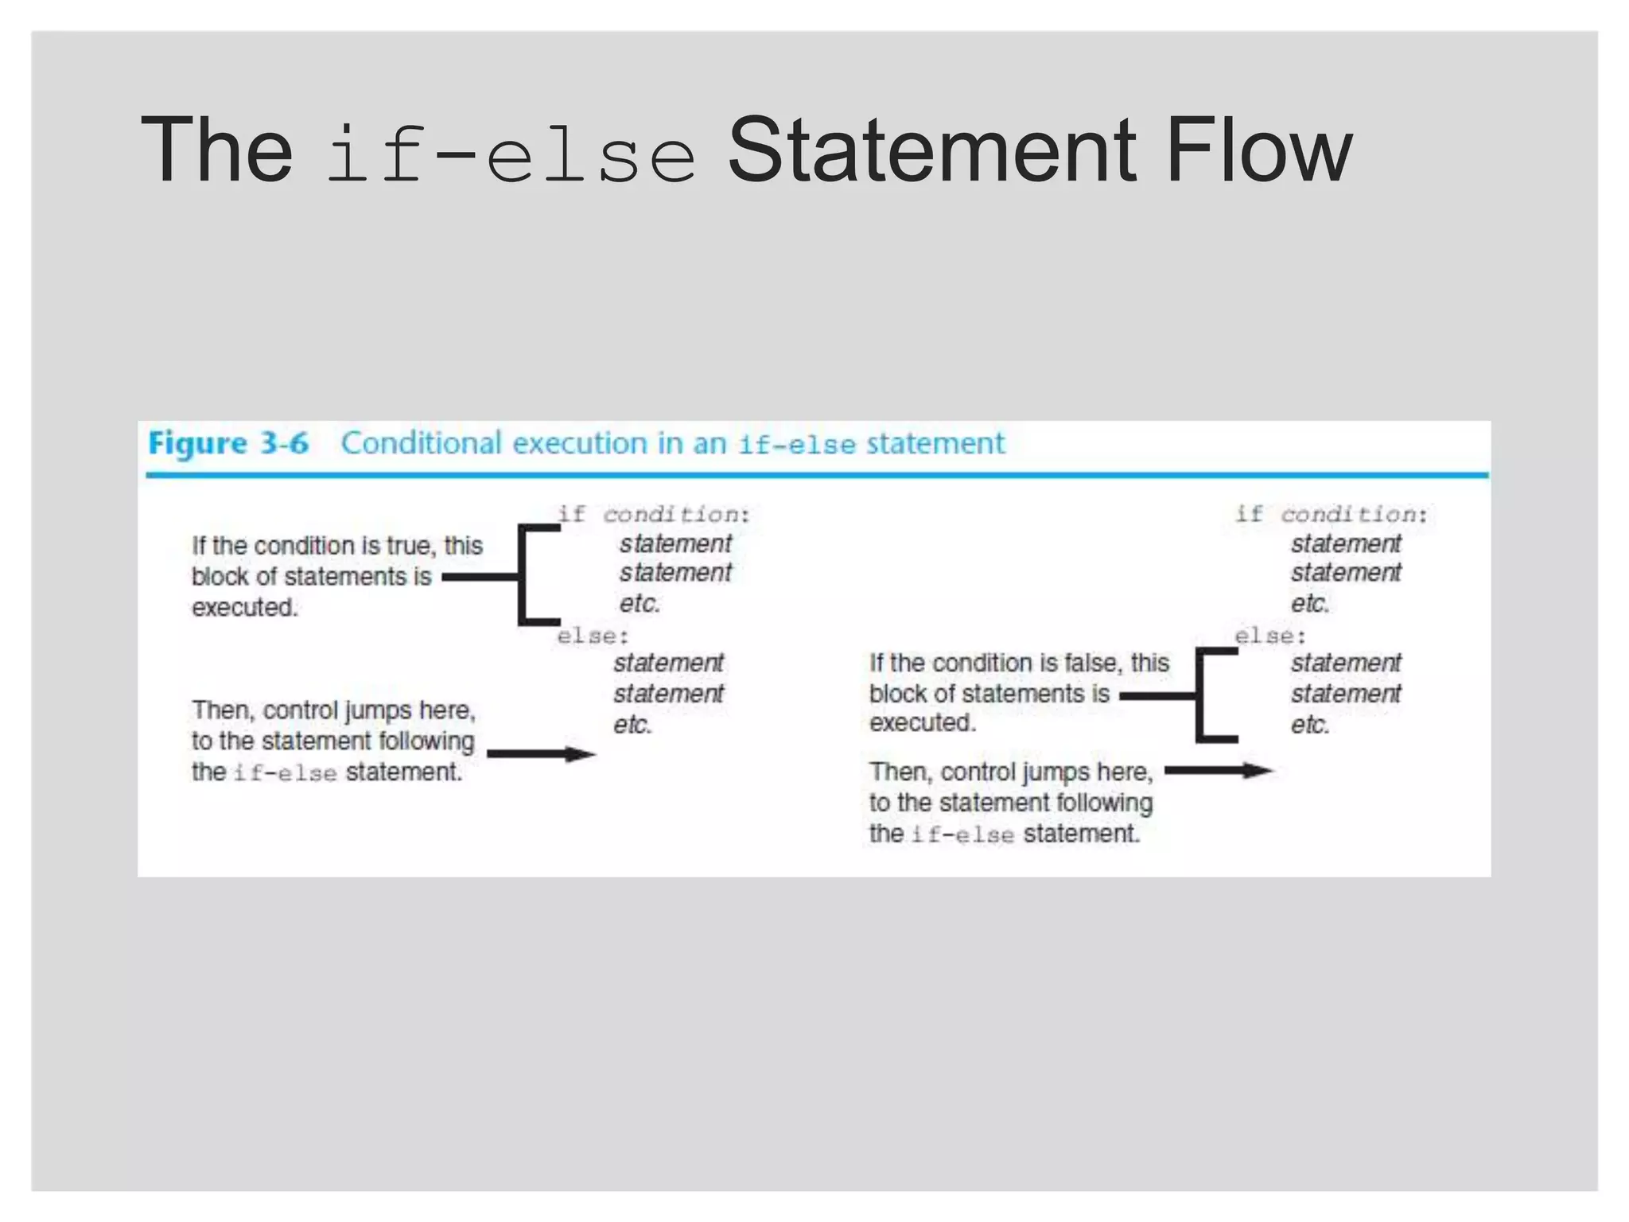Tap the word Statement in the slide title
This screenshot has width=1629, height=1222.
[931, 150]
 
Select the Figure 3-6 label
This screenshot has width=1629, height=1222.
[228, 444]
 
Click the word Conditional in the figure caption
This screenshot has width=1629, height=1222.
[422, 443]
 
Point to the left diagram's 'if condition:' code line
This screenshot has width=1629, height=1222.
[653, 514]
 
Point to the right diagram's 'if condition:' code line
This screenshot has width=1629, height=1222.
[1331, 514]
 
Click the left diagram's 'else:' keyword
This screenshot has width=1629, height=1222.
[593, 636]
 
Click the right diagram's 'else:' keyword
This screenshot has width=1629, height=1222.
[1270, 636]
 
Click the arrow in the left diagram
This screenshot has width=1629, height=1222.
[541, 754]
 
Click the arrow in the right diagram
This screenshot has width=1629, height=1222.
[1219, 770]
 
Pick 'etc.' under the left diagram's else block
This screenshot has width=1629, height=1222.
[632, 725]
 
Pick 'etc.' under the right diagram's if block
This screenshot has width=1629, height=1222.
[1310, 604]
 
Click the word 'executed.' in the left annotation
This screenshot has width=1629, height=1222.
[244, 608]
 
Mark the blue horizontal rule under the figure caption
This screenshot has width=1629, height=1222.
[817, 476]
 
